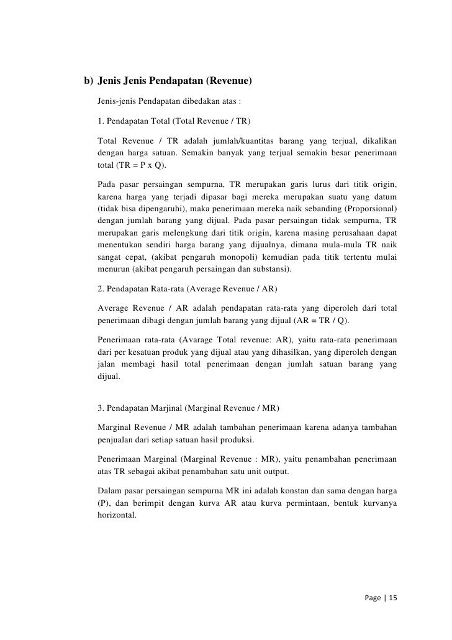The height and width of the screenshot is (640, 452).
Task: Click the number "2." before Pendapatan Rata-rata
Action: click(x=101, y=288)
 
